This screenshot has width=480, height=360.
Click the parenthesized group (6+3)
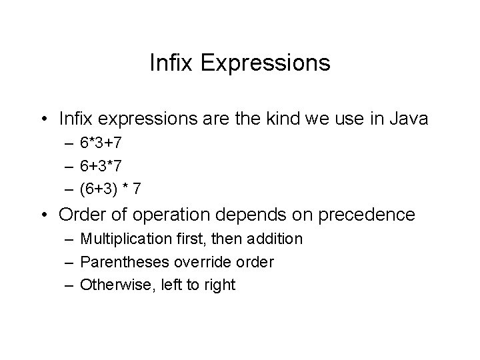pos(100,189)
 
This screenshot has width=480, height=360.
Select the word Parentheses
pos(121,262)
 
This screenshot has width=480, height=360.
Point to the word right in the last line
pos(219,286)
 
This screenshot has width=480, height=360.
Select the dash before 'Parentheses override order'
pos(69,262)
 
